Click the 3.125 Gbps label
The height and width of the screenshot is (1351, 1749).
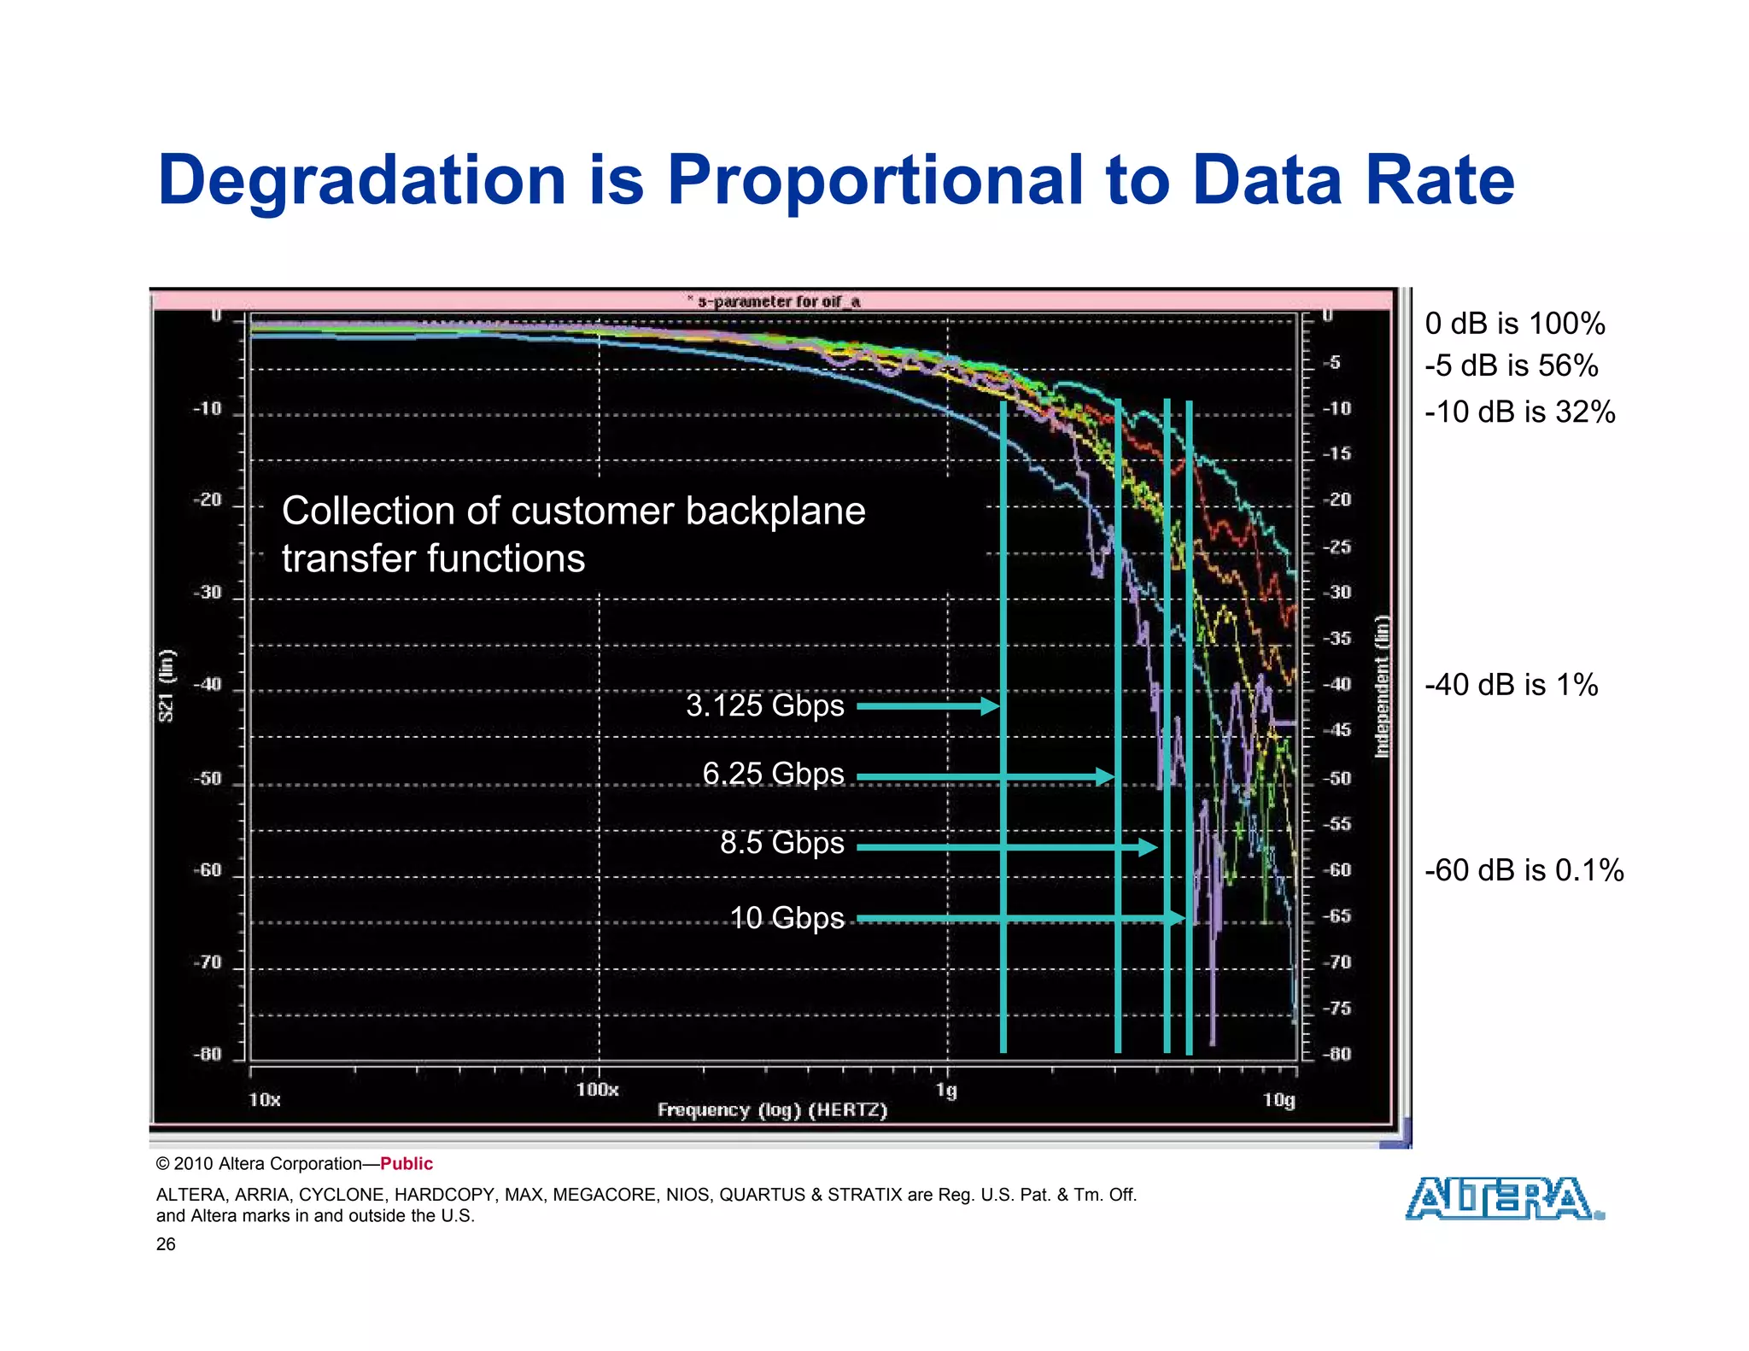pyautogui.click(x=764, y=705)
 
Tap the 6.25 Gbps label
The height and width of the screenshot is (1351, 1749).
pyautogui.click(x=773, y=774)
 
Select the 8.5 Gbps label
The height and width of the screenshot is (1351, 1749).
pyautogui.click(x=781, y=843)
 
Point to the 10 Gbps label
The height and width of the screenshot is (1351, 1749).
pyautogui.click(x=787, y=918)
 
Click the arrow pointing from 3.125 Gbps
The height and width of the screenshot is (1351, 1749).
pyautogui.click(x=927, y=706)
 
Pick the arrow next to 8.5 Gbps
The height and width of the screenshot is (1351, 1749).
pyautogui.click(x=1007, y=847)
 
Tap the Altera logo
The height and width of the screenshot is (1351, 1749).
pyautogui.click(x=1504, y=1199)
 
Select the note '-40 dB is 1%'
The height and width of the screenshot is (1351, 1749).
pyautogui.click(x=1511, y=685)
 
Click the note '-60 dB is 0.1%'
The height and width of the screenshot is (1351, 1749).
pyautogui.click(x=1524, y=870)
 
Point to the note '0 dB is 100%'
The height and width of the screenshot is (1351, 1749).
pyautogui.click(x=1514, y=324)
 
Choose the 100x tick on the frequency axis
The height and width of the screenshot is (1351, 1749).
pyautogui.click(x=597, y=1090)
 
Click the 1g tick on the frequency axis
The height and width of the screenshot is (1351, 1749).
pyautogui.click(x=946, y=1090)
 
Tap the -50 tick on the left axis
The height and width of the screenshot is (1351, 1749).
pyautogui.click(x=208, y=779)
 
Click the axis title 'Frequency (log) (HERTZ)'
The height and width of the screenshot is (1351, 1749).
pyautogui.click(x=772, y=1110)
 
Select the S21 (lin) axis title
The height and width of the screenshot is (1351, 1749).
pyautogui.click(x=167, y=685)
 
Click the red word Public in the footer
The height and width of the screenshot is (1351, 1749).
pyautogui.click(x=407, y=1164)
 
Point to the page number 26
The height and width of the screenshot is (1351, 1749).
pyautogui.click(x=166, y=1244)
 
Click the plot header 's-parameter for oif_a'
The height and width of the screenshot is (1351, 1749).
pyautogui.click(x=777, y=301)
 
